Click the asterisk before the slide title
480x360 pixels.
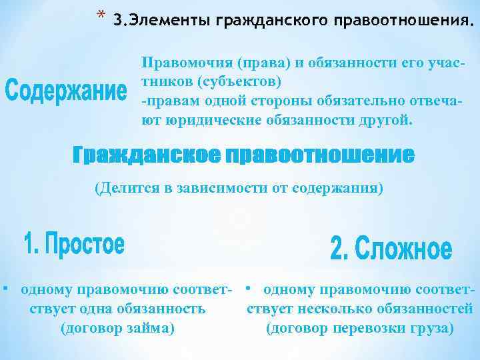(x=101, y=14)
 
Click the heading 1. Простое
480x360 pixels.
(x=74, y=245)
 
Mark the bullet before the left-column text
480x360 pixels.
(x=5, y=289)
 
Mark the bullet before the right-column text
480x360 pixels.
(x=247, y=289)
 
